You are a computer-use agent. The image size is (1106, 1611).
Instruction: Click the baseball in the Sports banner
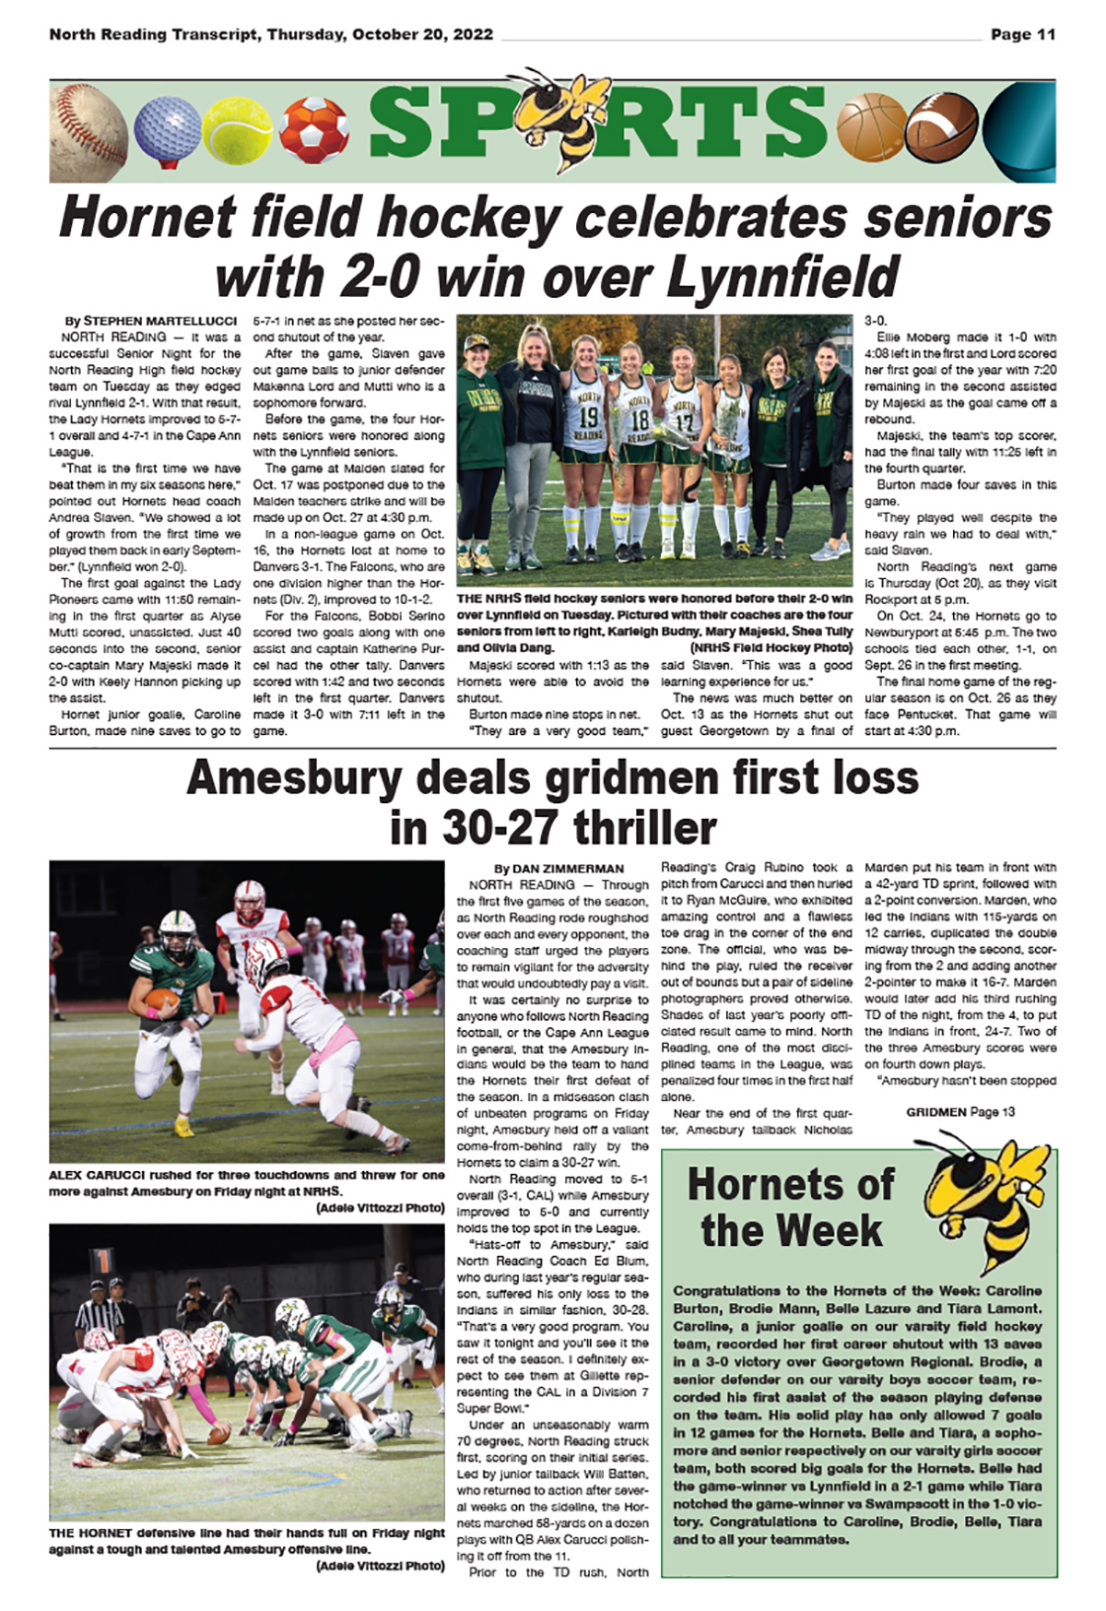pos(88,131)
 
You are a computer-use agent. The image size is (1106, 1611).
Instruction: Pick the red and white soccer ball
pos(313,130)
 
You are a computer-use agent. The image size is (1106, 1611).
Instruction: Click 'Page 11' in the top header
pos(1022,35)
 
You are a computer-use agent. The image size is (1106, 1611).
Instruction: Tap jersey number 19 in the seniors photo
pos(588,417)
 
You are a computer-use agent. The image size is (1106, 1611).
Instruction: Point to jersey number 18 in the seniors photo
pos(638,420)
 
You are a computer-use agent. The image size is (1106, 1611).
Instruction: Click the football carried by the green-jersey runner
pos(162,998)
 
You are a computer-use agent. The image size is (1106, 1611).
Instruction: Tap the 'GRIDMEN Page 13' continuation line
pos(959,1112)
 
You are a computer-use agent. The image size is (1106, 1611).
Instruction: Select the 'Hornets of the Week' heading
pos(791,1206)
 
